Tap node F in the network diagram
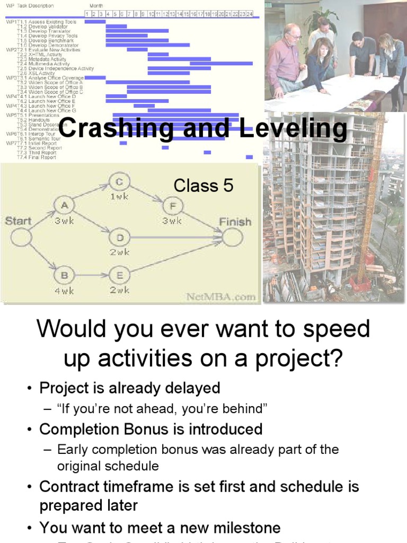172,205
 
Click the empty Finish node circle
232,237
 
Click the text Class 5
203,186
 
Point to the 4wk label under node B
64,290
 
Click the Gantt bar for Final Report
249,157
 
